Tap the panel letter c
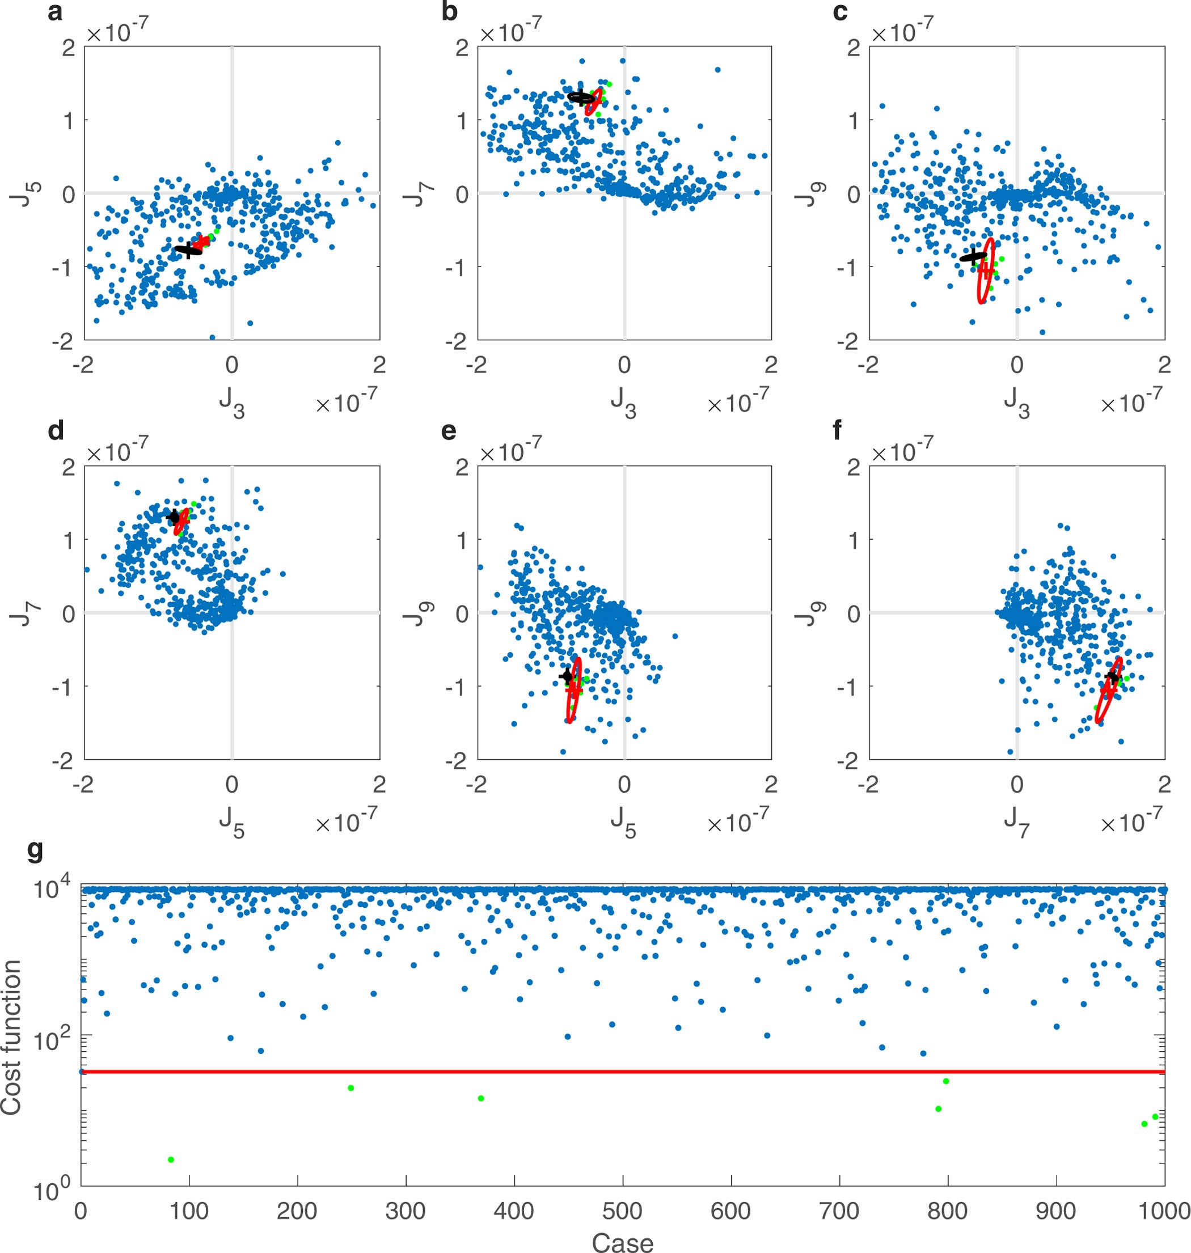click(839, 12)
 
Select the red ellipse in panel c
click(985, 271)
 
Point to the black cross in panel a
click(188, 249)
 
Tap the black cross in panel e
click(567, 676)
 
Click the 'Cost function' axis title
click(11, 1037)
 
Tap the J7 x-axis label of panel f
click(1016, 823)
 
